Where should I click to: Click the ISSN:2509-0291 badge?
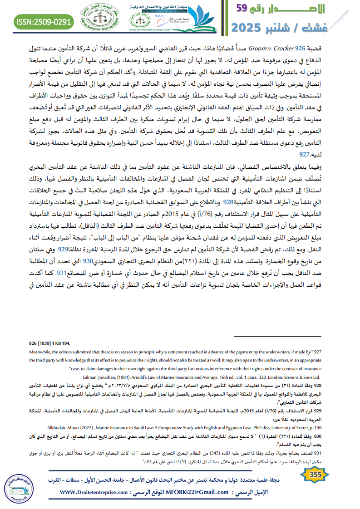pyautogui.click(x=44, y=21)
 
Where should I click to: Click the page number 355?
pyautogui.click(x=315, y=475)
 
